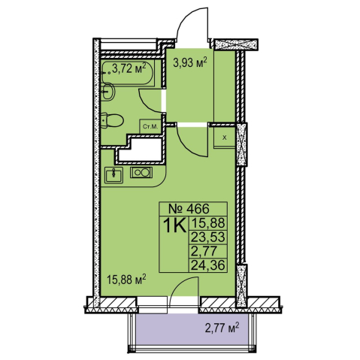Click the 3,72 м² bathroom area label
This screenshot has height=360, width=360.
129,68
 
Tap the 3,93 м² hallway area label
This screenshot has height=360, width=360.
190,62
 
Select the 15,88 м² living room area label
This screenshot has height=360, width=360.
126,280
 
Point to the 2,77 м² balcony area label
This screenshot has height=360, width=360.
222,328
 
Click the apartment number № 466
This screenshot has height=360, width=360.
189,208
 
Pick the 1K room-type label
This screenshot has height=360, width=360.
175,225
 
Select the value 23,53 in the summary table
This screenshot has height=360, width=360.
208,237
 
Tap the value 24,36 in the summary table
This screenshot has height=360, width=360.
208,265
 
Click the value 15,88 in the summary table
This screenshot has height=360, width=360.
208,222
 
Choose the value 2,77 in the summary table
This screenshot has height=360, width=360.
204,251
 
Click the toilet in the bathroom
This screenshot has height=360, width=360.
112,121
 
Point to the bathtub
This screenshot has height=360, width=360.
127,73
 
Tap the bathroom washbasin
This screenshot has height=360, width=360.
107,92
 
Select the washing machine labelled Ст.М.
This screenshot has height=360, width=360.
150,126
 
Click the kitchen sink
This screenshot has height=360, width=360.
114,175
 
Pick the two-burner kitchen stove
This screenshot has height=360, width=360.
141,173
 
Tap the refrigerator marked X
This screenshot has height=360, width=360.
225,138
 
